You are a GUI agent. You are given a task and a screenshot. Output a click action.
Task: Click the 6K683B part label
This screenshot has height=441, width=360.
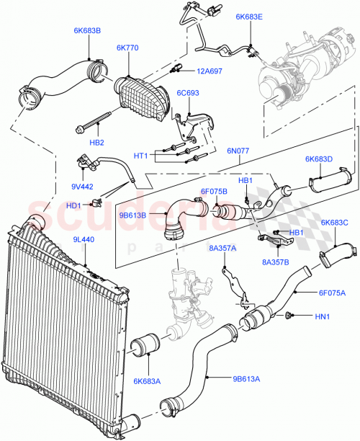(x=87, y=31)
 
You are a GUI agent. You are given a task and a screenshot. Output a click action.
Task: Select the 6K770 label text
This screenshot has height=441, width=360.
(x=129, y=48)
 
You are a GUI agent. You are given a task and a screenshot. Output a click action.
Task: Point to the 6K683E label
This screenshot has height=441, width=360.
(x=249, y=16)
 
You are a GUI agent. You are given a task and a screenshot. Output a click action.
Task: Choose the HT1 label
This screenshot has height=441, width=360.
(x=140, y=156)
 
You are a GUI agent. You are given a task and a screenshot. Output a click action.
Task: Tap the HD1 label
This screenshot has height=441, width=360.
(x=73, y=205)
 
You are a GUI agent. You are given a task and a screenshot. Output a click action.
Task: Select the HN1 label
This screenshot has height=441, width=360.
(x=321, y=316)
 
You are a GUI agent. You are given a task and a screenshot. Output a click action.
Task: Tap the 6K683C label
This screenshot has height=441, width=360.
(x=334, y=223)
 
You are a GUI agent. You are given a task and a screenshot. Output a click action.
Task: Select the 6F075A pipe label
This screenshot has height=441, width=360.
(x=332, y=293)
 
